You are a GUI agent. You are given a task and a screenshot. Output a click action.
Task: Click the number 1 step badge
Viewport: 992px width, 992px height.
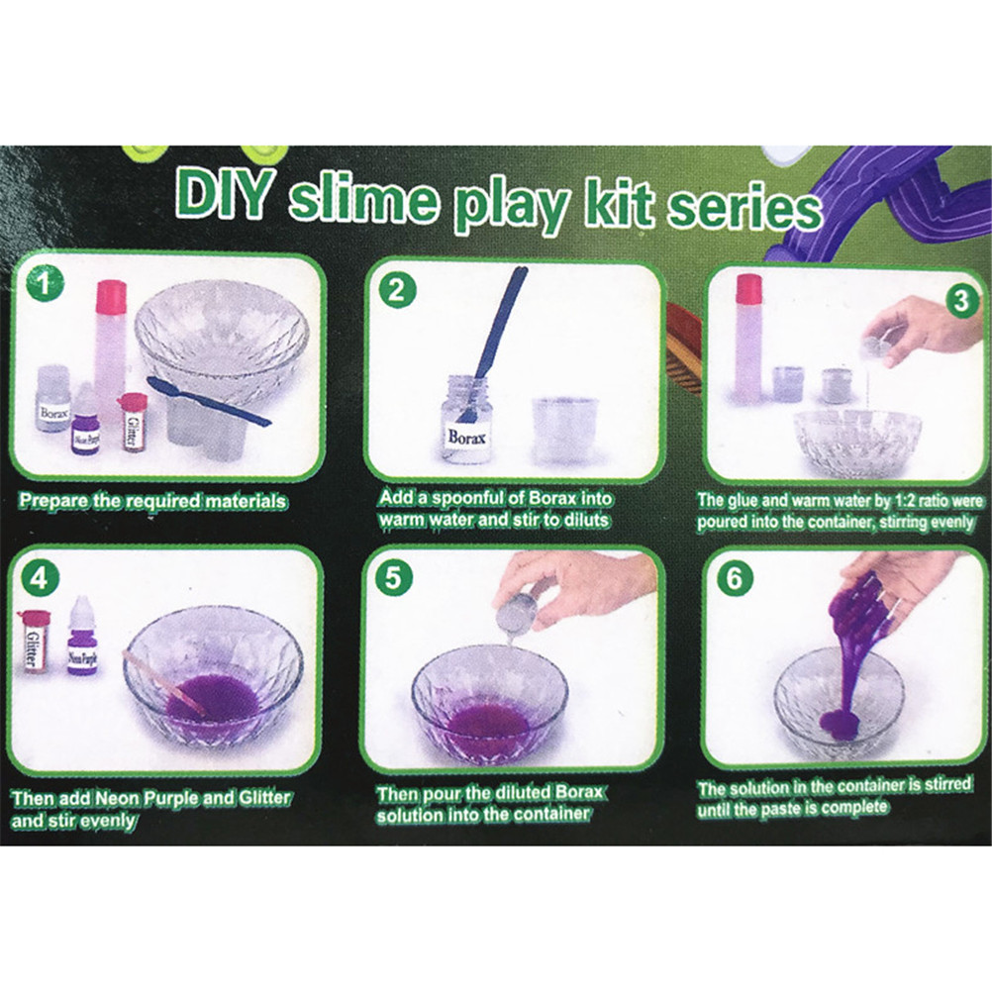click(45, 284)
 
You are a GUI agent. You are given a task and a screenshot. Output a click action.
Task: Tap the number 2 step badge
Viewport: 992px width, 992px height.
click(397, 290)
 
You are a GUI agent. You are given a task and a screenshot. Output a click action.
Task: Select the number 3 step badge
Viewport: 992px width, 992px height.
click(961, 301)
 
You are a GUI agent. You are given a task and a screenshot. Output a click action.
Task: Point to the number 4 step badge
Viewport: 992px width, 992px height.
click(40, 577)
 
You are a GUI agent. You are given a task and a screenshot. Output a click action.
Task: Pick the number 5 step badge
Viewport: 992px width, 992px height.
click(393, 577)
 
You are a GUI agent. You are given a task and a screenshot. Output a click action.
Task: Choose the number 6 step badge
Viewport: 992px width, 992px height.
click(735, 577)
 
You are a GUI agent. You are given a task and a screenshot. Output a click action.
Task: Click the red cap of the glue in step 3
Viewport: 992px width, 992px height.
click(748, 288)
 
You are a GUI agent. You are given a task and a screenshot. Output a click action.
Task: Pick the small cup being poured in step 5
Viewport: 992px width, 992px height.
click(516, 613)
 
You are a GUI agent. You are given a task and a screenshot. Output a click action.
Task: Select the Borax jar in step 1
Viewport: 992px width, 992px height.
click(53, 399)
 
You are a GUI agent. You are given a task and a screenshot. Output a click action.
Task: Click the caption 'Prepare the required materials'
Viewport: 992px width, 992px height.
click(152, 501)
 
